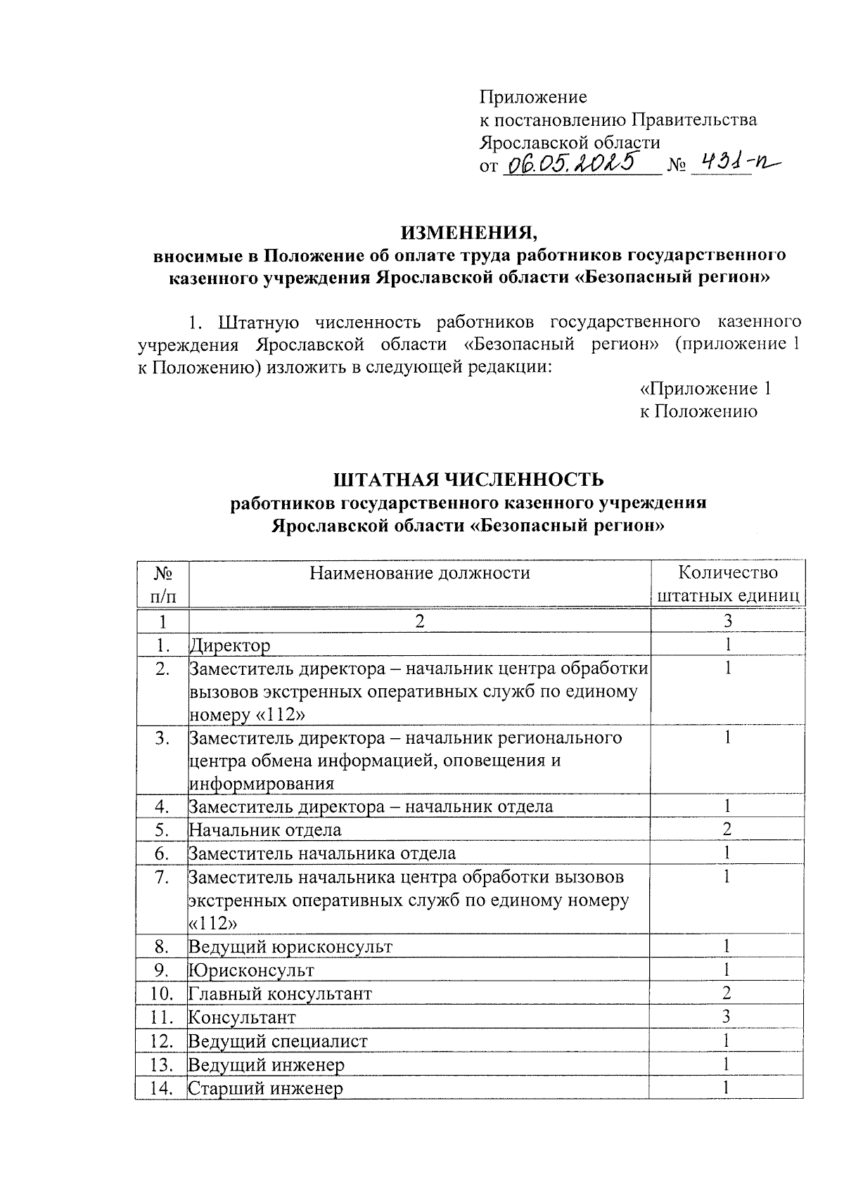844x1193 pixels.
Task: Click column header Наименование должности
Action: tap(420, 573)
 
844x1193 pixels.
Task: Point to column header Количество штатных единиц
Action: tap(727, 583)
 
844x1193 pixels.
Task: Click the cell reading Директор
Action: tap(230, 645)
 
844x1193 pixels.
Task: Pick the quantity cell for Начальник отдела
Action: tap(727, 830)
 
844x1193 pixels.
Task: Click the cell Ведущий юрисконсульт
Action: tap(290, 946)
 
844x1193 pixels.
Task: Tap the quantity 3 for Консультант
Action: tap(727, 1017)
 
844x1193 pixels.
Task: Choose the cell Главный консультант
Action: tap(280, 993)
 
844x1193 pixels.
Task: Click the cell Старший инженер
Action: tap(266, 1089)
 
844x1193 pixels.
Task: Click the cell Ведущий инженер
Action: tap(267, 1065)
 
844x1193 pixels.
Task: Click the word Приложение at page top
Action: tap(532, 96)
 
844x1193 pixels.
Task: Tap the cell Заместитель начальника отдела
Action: tap(322, 853)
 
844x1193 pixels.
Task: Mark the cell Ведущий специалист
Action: tap(278, 1041)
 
